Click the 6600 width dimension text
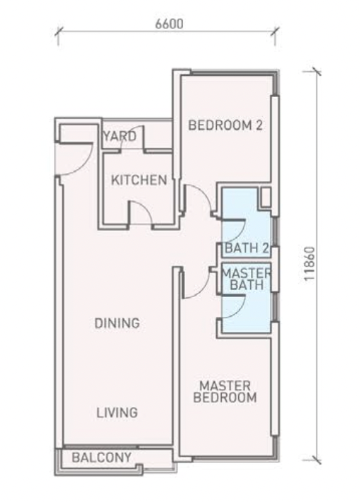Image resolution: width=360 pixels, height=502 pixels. (169, 23)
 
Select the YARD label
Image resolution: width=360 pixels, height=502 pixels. (119, 137)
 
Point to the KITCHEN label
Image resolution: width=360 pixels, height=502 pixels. (139, 180)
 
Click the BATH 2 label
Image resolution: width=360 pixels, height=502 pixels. (244, 249)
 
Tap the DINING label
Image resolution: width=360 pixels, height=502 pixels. (117, 323)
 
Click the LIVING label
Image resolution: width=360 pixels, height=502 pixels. (117, 412)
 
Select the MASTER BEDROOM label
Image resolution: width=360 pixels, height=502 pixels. (225, 391)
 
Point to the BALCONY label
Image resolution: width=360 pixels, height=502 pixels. (101, 457)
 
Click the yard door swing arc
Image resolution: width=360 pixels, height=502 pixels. (130, 139)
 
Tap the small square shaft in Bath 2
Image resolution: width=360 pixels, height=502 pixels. (265, 198)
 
